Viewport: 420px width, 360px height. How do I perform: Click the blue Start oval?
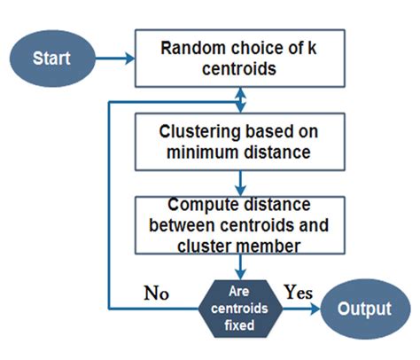(51, 60)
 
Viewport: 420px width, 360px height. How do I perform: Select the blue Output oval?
(364, 309)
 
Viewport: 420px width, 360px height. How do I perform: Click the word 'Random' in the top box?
(190, 48)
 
